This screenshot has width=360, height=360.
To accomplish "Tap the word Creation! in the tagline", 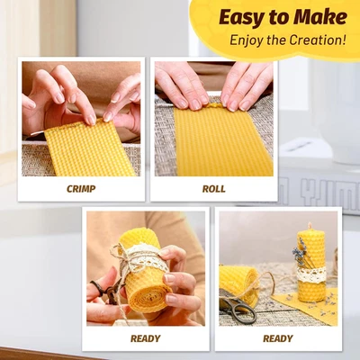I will point(318,40).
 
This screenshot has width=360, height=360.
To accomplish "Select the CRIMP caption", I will point(82,189).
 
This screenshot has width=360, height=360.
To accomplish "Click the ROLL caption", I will point(213,189).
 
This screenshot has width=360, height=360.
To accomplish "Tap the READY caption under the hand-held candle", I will point(145,338).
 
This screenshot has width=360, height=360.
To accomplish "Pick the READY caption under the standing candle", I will point(277,338).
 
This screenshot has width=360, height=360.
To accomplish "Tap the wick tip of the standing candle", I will point(310,225).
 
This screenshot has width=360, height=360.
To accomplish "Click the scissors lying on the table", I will point(238,310).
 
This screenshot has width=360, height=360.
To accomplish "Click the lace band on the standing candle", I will point(311,270).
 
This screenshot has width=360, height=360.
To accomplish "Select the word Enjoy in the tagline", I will point(247,40).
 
